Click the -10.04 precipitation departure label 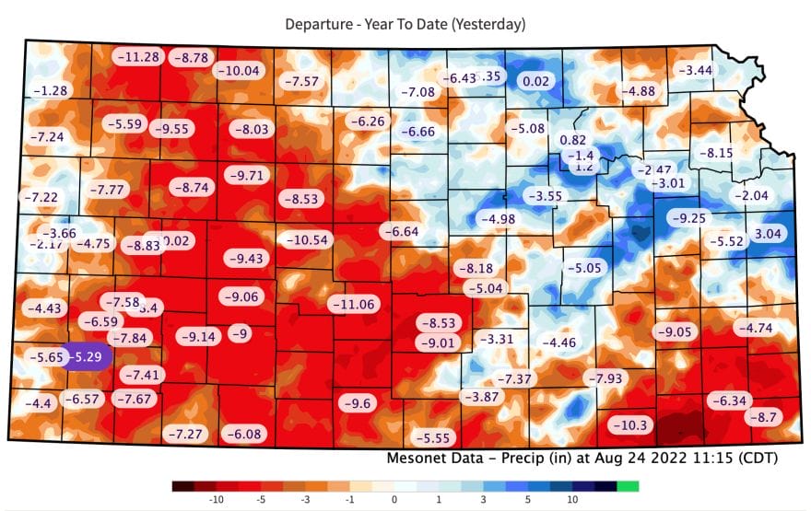(x=240, y=70)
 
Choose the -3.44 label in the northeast (x=696, y=70)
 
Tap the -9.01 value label (x=436, y=343)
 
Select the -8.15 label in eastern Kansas (x=715, y=152)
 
